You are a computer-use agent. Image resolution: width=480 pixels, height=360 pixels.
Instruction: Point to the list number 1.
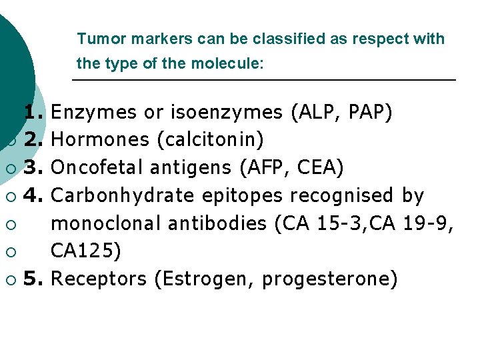(x=33, y=112)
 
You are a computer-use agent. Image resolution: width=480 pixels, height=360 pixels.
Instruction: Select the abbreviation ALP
(x=320, y=112)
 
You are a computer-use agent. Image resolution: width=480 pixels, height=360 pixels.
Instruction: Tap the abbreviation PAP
(x=370, y=112)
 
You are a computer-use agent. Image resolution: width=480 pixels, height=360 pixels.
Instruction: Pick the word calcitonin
(x=209, y=139)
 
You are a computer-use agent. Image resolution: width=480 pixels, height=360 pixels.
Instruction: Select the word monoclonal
(x=106, y=223)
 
